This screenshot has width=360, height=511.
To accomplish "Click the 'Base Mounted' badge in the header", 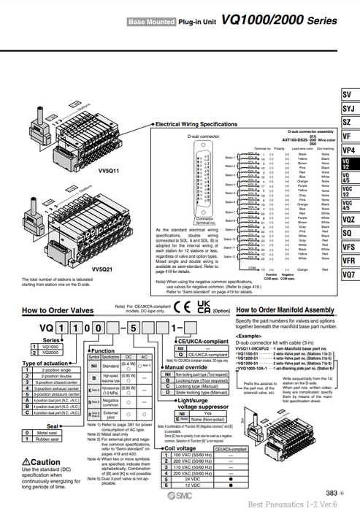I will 151,23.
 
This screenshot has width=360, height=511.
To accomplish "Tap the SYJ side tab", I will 349,109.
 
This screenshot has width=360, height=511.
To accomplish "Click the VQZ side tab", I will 349,218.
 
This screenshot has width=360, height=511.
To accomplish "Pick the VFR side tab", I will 349,260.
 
